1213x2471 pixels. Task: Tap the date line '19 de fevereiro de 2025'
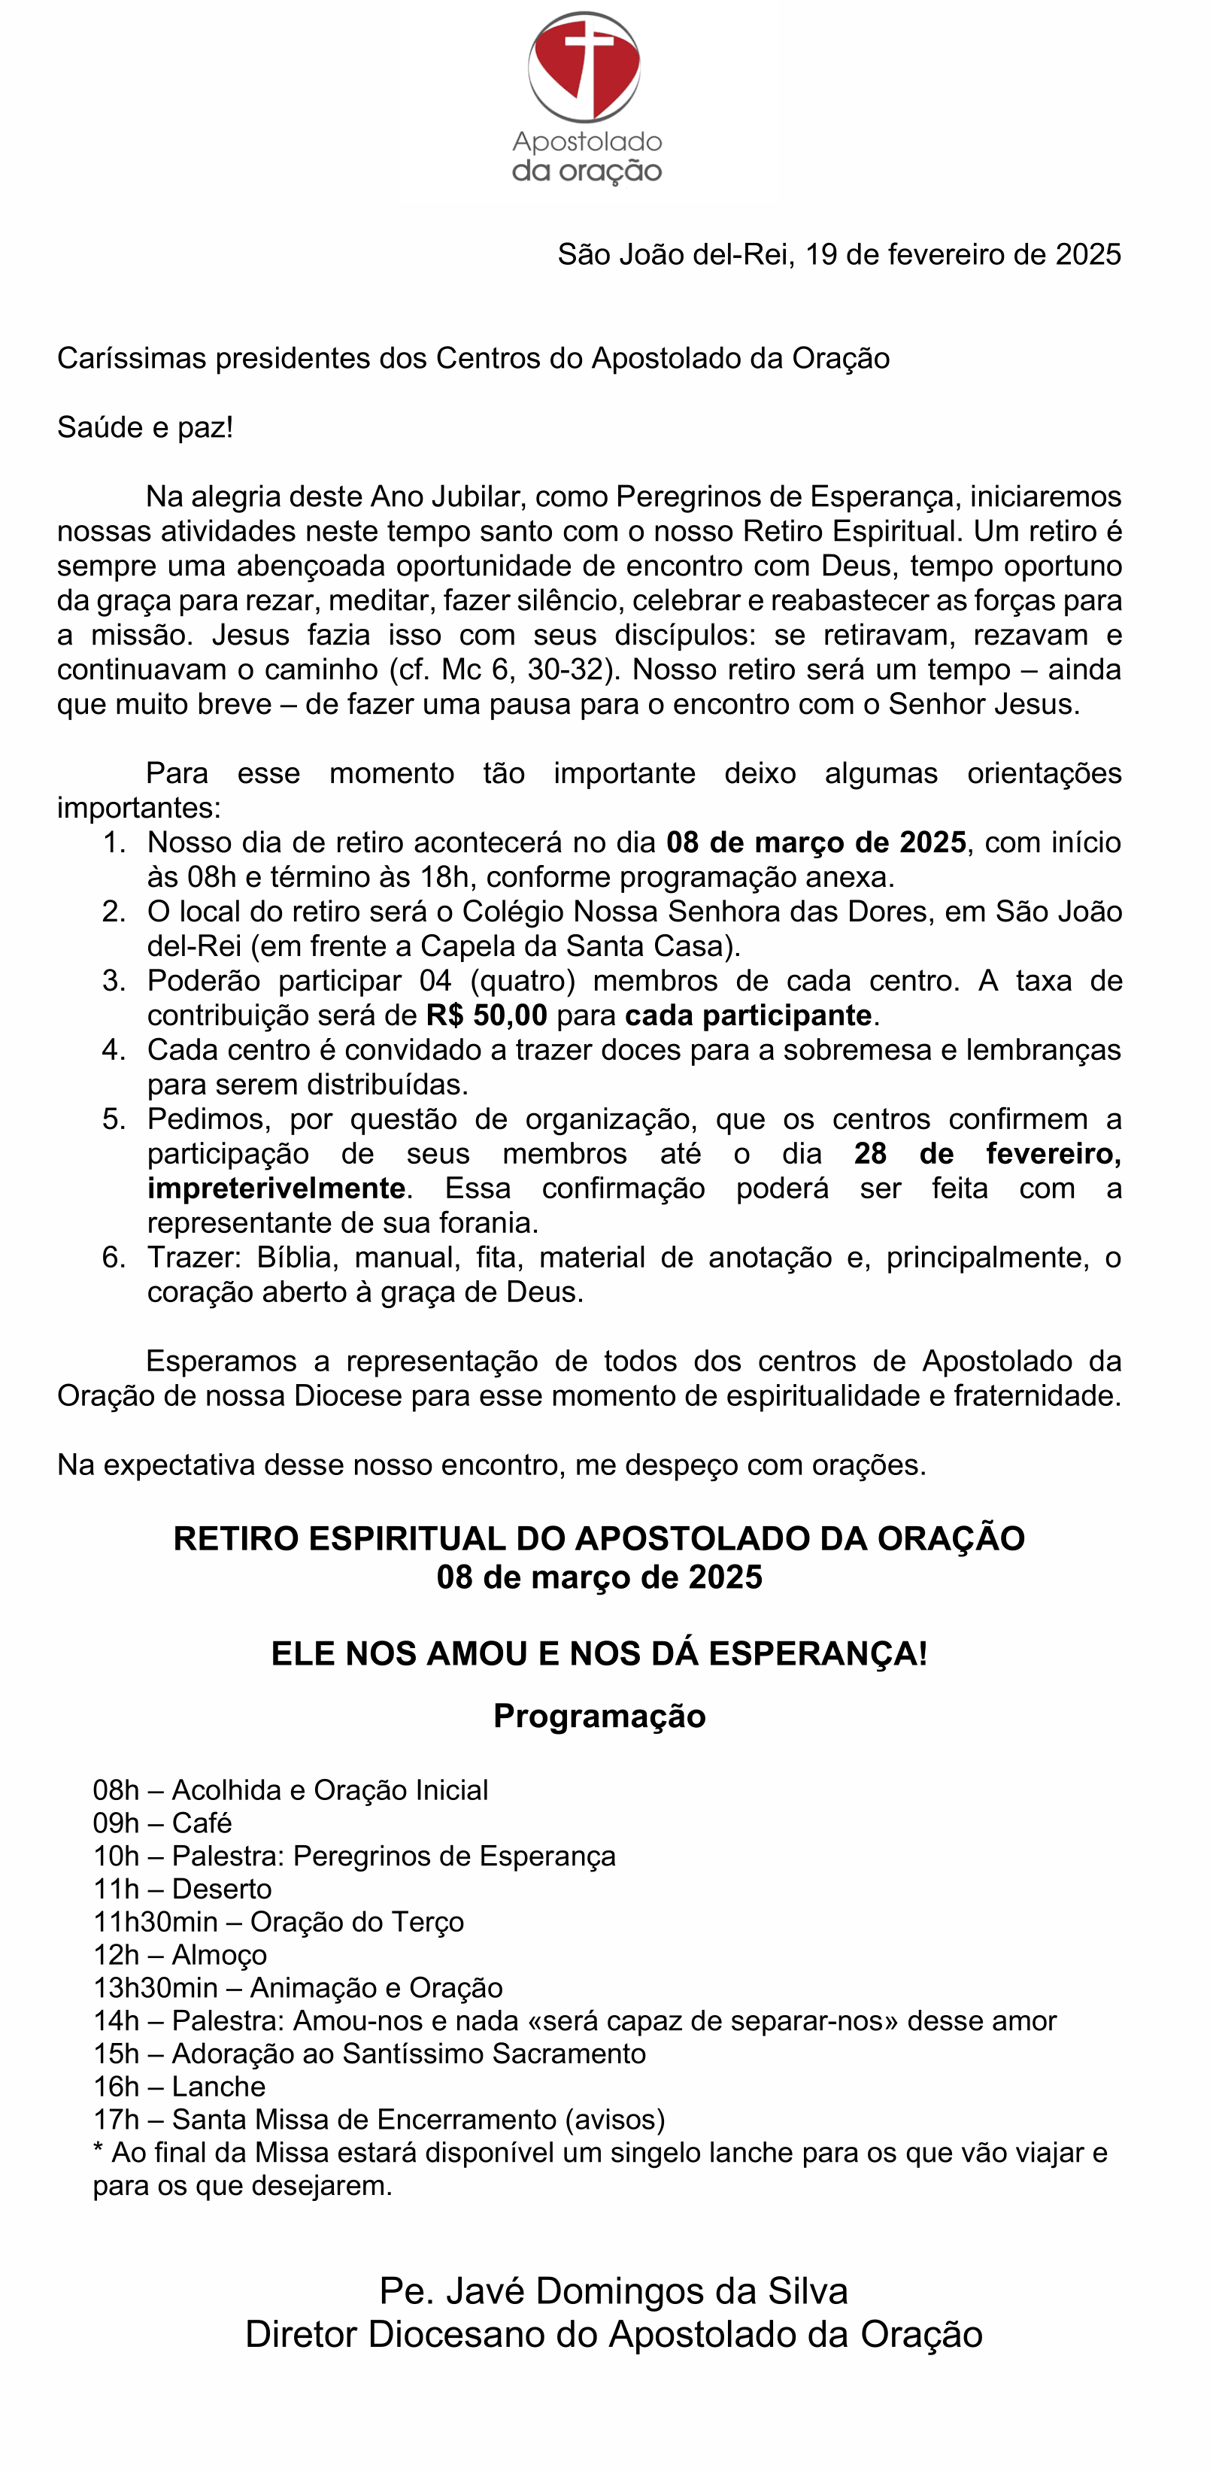tap(963, 254)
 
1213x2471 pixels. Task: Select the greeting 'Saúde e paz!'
tap(145, 427)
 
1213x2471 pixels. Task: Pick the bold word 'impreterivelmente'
tap(275, 1188)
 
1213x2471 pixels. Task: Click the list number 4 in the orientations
tap(113, 1049)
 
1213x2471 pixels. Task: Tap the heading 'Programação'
tap(599, 1716)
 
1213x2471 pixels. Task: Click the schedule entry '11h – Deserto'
tap(182, 1889)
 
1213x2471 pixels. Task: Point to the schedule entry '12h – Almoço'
tap(179, 1954)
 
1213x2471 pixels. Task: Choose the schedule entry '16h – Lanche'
tap(179, 2087)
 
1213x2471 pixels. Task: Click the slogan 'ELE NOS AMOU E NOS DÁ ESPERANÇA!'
tap(599, 1654)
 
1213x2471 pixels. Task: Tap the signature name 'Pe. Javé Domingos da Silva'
tap(614, 2290)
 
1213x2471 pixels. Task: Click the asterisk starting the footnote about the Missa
tap(98, 2151)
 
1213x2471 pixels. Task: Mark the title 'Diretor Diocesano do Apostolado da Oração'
tap(614, 2334)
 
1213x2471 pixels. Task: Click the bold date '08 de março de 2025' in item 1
tap(816, 842)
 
